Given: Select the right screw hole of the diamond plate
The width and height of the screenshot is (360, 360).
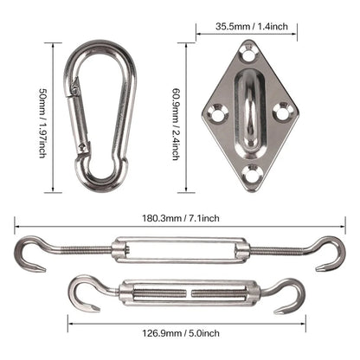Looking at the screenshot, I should [280, 111].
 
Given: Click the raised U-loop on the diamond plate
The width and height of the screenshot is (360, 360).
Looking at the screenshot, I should [249, 108].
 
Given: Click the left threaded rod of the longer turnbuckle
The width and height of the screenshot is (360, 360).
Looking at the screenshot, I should [82, 251].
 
